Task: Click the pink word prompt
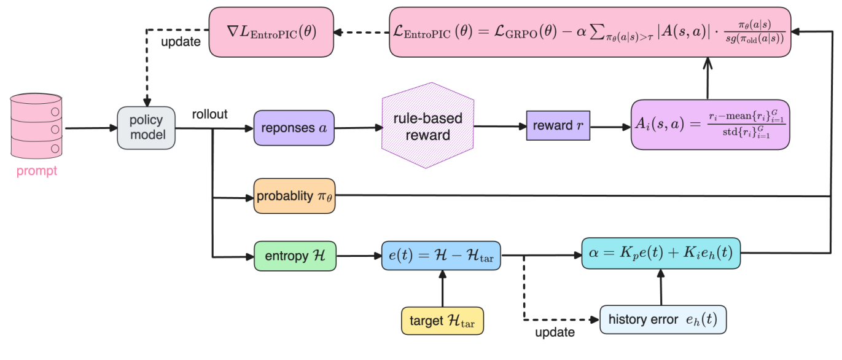tap(37, 171)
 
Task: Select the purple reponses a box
tap(294, 128)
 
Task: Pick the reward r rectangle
tap(558, 126)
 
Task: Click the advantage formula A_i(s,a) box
tap(710, 125)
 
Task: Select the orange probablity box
tap(294, 197)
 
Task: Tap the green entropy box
tap(295, 256)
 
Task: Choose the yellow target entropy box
tap(442, 321)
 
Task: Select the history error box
tap(663, 319)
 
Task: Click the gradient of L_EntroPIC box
tap(271, 31)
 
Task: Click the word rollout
tap(209, 115)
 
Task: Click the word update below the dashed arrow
tap(555, 333)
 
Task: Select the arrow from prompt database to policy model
tap(89, 128)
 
